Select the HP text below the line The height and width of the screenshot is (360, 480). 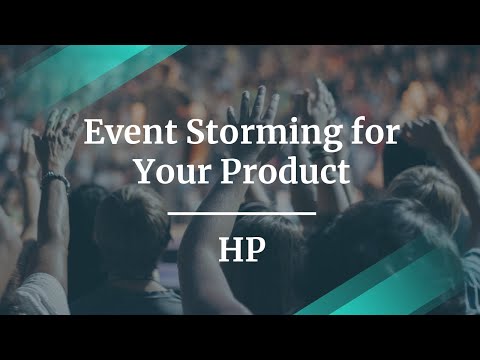(240, 250)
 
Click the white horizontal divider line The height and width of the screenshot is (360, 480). (240, 213)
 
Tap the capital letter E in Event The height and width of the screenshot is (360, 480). (92, 133)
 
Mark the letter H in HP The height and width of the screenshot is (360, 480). (229, 250)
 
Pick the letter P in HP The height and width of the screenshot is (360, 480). (254, 250)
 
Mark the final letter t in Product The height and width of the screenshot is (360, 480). (343, 172)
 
